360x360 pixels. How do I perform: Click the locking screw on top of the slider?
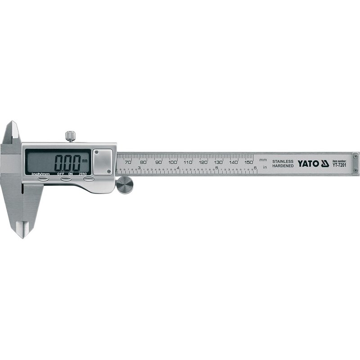70,135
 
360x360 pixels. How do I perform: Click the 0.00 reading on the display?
71,161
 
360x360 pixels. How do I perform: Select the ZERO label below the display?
82,173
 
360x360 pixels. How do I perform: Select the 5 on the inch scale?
217,168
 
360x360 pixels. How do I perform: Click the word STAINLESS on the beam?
283,161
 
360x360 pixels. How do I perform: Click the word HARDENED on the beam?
283,166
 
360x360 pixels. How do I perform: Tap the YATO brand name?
308,163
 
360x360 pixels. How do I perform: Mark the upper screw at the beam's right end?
355,156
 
